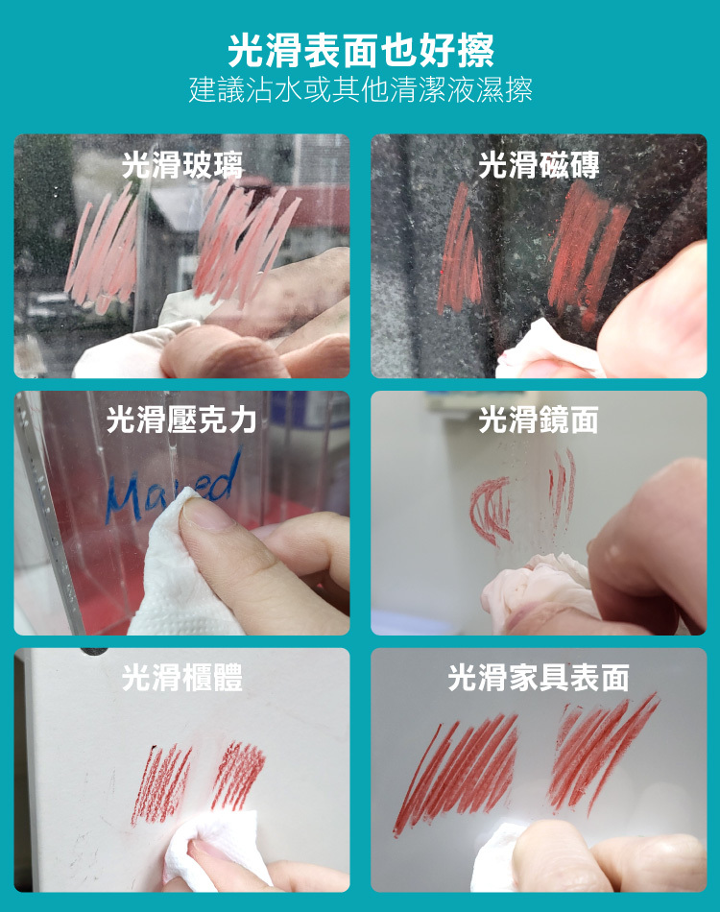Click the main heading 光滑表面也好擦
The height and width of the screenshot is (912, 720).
coord(361,50)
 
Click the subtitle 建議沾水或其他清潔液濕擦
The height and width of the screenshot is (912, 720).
coord(361,89)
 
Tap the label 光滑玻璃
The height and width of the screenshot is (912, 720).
coord(182,165)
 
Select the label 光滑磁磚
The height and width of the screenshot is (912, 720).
coord(539,165)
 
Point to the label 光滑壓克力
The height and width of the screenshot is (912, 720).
coord(181,420)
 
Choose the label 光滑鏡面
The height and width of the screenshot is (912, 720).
coord(539,420)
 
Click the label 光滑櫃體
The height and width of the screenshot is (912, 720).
coord(182,677)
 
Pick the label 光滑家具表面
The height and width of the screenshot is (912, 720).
coord(539,677)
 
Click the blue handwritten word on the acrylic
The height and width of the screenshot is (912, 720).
coord(173,489)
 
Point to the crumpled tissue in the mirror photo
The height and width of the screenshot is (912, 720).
coord(538,588)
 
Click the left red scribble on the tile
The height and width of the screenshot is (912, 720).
coord(460,251)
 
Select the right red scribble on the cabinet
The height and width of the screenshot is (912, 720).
coord(238,776)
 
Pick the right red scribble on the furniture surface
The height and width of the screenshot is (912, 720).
coord(602,751)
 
